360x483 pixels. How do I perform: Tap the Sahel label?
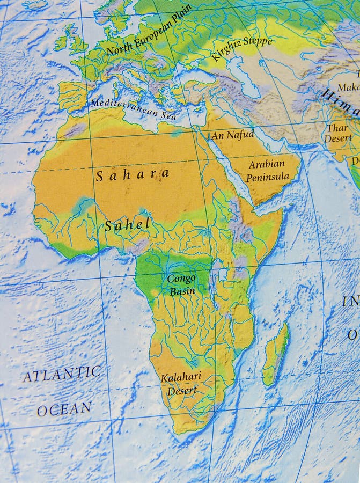coord(127,225)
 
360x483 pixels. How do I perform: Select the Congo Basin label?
coord(182,285)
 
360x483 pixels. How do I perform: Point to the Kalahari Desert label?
coord(181,384)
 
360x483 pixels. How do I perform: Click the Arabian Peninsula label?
coord(267,170)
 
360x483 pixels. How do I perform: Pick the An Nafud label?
coord(232,135)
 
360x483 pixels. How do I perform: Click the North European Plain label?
coord(149,30)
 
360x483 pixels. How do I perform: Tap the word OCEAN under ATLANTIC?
coord(64,409)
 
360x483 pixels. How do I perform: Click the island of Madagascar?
coord(276,355)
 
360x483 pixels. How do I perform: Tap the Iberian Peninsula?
coord(72,96)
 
